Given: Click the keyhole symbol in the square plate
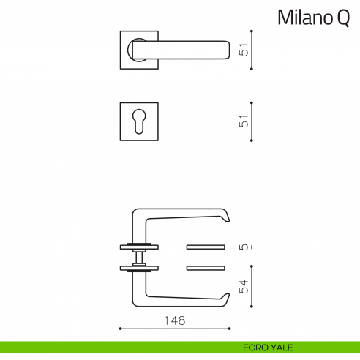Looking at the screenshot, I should pyautogui.click(x=139, y=121).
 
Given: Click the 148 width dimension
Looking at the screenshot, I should pyautogui.click(x=174, y=320).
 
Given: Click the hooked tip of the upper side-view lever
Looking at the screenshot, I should pyautogui.click(x=226, y=216).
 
